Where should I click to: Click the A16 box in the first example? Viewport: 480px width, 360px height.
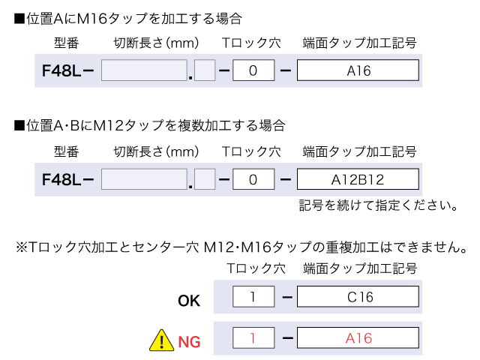[358, 71]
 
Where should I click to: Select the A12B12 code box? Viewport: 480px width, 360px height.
[358, 180]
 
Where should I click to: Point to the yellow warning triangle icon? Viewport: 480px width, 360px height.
[160, 342]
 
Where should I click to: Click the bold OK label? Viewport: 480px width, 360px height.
[189, 301]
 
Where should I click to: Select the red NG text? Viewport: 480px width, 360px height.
[190, 343]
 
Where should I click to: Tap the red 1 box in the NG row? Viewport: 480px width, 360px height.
[252, 338]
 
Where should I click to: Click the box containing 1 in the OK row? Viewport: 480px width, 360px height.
[252, 298]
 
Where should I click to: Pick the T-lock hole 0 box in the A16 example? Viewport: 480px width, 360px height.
[252, 71]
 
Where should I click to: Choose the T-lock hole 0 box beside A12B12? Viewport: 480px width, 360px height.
[252, 180]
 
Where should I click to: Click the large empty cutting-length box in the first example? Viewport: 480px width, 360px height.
[143, 71]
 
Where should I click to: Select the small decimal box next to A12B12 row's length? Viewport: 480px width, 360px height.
[205, 180]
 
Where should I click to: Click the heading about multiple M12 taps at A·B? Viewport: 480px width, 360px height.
[149, 124]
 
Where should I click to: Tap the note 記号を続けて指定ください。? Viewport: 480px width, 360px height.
[378, 205]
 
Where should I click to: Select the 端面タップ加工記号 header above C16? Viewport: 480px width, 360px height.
[359, 268]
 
